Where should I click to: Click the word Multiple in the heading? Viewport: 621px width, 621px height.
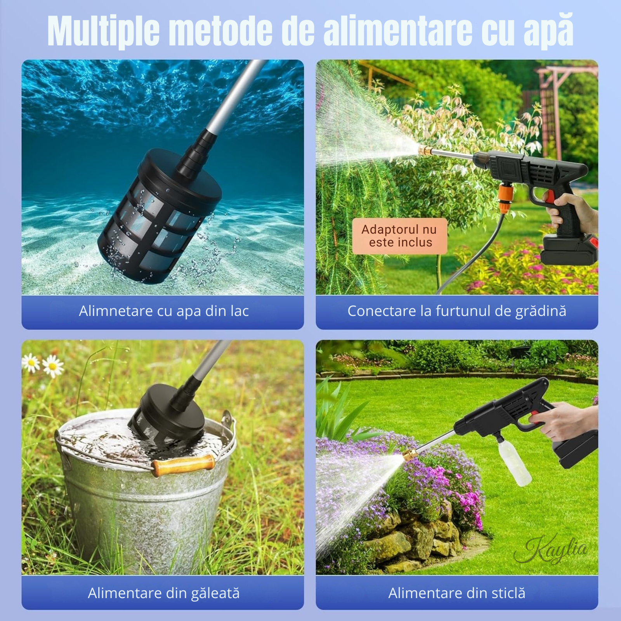click(x=103, y=30)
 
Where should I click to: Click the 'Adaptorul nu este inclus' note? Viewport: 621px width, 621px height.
click(x=400, y=236)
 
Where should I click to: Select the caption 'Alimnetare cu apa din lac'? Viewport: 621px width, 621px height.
click(x=164, y=311)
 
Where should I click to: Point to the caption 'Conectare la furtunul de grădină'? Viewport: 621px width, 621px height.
click(x=457, y=311)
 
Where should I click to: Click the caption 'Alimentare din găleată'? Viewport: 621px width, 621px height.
click(x=164, y=593)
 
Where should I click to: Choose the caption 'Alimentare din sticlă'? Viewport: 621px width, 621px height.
click(x=457, y=593)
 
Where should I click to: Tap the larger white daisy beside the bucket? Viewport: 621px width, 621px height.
click(x=52, y=366)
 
